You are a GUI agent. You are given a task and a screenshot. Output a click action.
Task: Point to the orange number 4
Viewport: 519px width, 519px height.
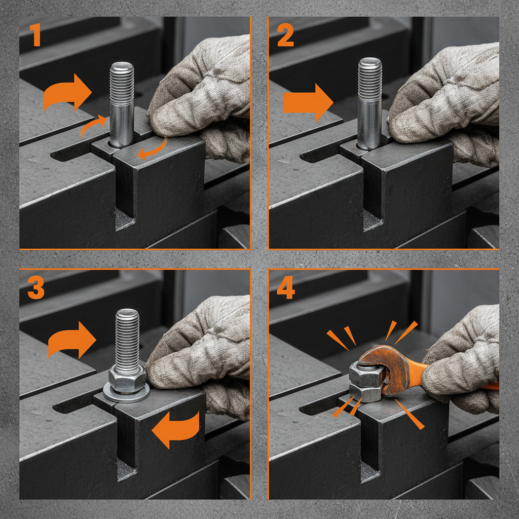pos(286,288)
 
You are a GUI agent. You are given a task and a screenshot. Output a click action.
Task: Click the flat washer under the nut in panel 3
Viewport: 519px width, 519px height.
pos(126,394)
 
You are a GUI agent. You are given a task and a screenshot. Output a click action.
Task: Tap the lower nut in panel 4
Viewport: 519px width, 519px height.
pos(364,392)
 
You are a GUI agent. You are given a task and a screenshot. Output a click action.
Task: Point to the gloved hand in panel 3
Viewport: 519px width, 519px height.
pos(203,350)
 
